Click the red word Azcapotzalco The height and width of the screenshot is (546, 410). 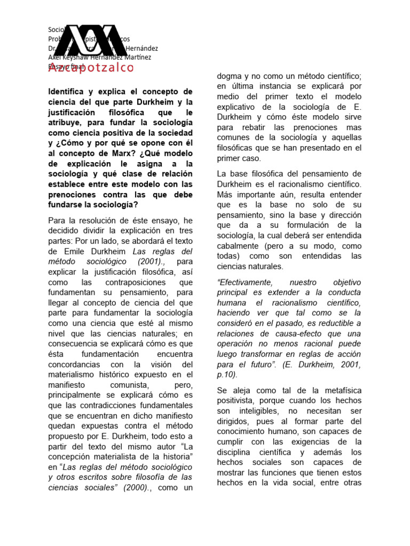91,68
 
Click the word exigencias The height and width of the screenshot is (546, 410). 321,441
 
